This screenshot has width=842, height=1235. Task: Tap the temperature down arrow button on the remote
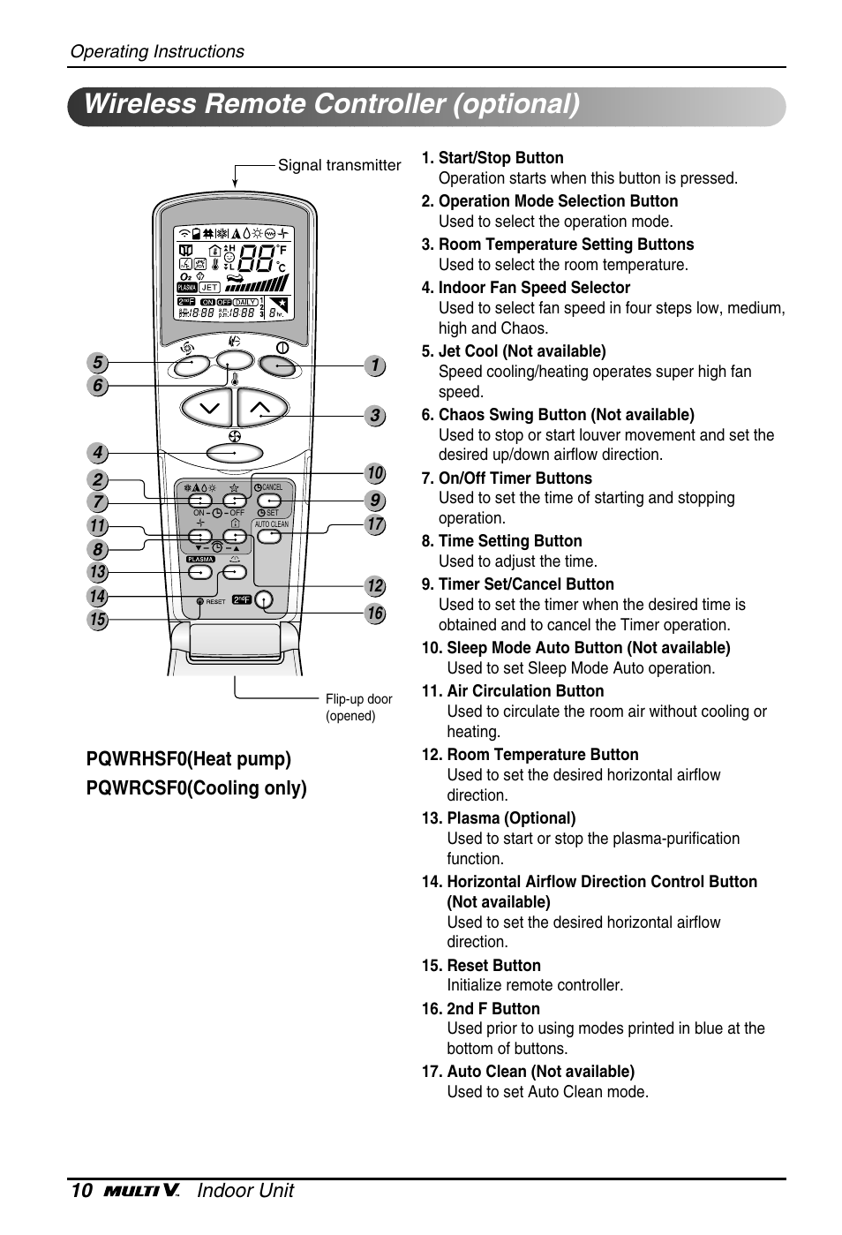[207, 408]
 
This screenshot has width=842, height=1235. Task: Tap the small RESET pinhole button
[200, 601]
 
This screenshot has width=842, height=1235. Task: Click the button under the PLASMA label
[200, 572]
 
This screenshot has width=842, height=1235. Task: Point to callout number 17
[375, 524]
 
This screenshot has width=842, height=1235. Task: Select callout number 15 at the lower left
[97, 620]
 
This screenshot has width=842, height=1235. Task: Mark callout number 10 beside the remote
[375, 474]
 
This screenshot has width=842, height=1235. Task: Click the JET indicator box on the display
[209, 287]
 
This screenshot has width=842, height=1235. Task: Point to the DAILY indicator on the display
[245, 302]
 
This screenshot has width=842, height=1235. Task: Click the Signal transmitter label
[339, 165]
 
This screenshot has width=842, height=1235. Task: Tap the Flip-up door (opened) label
[358, 707]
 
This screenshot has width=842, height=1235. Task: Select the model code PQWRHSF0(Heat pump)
[189, 758]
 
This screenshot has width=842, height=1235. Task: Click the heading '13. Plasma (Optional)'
[499, 818]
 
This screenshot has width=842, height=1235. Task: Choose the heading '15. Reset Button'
[481, 966]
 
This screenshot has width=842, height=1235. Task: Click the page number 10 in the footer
[79, 1191]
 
